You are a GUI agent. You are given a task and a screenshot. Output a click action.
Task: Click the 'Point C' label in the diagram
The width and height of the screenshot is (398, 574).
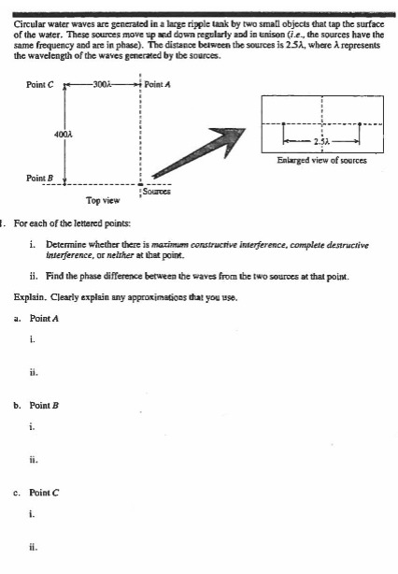pos(40,83)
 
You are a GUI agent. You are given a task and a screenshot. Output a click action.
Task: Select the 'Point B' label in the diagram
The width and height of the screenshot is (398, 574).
pos(41,176)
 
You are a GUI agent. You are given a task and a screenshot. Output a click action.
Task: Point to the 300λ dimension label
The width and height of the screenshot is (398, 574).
pos(103,83)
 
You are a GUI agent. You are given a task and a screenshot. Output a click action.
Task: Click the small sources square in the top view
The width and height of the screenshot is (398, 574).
pos(141,183)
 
